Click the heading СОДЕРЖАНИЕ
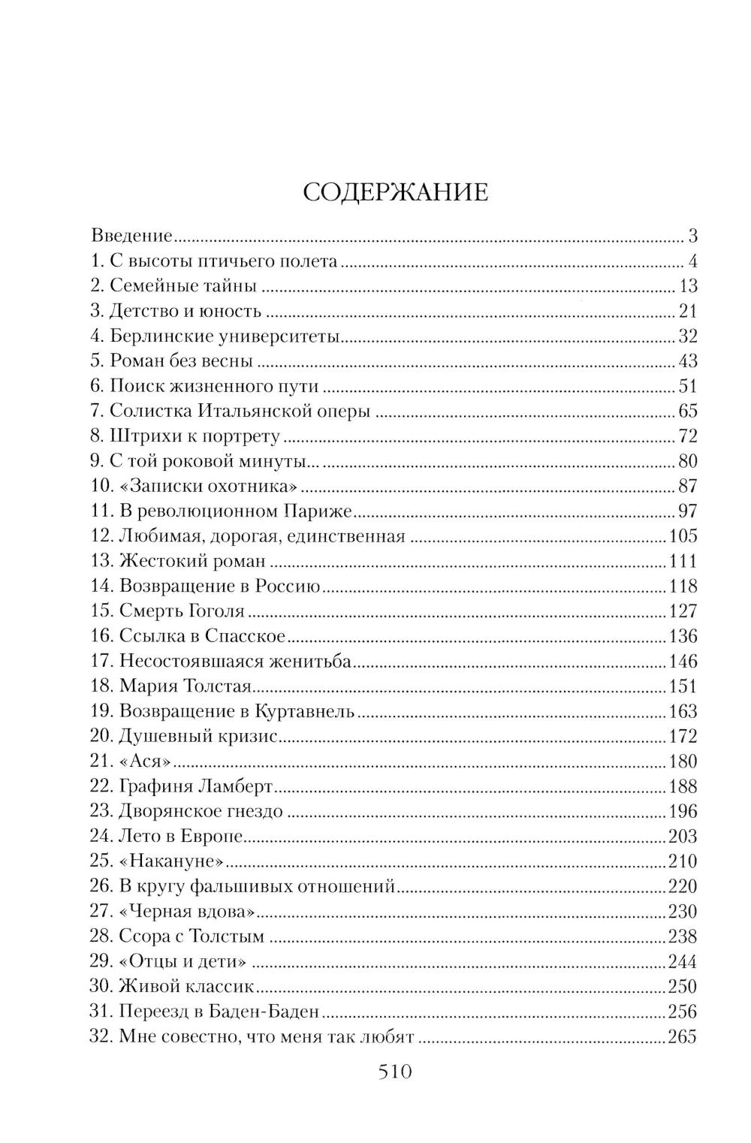point(395,192)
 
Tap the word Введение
point(132,236)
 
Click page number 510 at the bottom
point(395,1072)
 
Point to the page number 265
point(682,1037)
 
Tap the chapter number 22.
point(101,786)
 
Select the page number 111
point(682,561)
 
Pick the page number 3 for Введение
point(692,236)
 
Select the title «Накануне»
point(172,861)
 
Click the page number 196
point(682,811)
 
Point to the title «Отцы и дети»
point(183,962)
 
